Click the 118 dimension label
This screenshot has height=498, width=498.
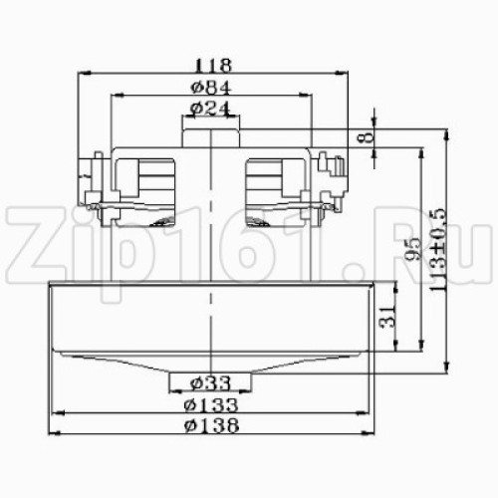tap(212, 66)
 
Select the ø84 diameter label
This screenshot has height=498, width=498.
tap(211, 88)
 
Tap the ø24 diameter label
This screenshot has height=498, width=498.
tap(210, 109)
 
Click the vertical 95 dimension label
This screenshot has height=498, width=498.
tap(413, 248)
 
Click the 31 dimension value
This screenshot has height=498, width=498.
tap(387, 316)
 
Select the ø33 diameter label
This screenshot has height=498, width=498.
tap(210, 383)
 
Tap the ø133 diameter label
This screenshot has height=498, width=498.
tap(211, 404)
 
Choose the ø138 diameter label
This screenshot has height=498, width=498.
tap(211, 425)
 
